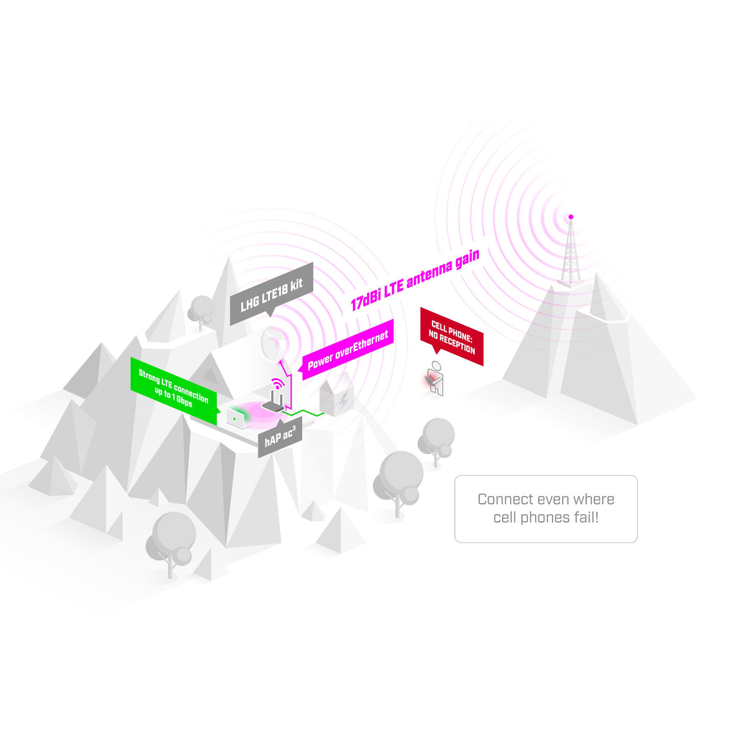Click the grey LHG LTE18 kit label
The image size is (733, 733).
pos(271,294)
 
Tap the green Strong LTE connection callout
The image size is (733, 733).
pos(175,390)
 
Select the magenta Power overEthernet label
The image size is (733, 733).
pos(348,349)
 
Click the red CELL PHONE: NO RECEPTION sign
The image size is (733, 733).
pos(451,336)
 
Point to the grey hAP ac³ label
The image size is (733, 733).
pos(280,437)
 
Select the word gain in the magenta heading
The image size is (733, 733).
pos(467,259)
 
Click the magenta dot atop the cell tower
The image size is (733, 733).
pos(571,217)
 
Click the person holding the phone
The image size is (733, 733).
pos(435,378)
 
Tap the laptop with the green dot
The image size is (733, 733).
pos(238,418)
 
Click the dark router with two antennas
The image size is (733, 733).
pos(274,402)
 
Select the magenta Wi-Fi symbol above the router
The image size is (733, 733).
pos(278,383)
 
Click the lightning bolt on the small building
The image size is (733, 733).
pos(343,401)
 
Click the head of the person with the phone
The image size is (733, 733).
pos(437,365)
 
